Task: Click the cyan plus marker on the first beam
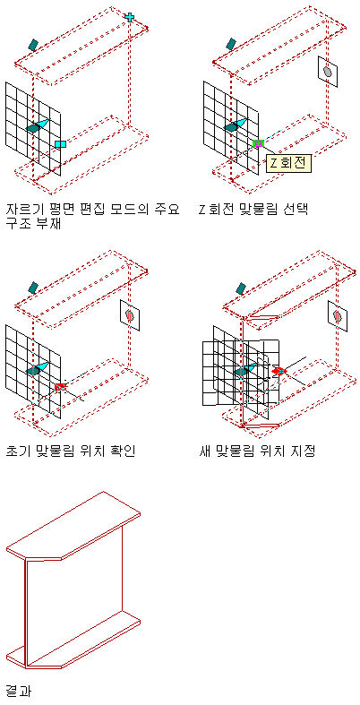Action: [130, 17]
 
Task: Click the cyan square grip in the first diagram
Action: [60, 144]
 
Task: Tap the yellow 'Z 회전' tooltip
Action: [288, 163]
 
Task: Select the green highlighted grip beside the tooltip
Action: [258, 143]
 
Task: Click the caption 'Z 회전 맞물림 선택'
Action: [253, 210]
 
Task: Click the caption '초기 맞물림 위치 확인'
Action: [71, 450]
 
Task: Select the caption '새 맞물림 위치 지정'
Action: [257, 450]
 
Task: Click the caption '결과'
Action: [19, 690]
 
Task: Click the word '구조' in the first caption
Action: [19, 223]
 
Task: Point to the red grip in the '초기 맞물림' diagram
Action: [60, 387]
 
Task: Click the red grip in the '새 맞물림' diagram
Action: [279, 372]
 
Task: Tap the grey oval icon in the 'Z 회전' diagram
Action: [328, 72]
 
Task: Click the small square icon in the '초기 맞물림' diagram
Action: [130, 313]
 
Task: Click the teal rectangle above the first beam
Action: [33, 44]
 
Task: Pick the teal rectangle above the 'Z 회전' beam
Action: [231, 44]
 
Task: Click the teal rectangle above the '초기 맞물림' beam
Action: [33, 288]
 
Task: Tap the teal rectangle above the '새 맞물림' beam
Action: [242, 288]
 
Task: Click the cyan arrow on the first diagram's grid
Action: [42, 124]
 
